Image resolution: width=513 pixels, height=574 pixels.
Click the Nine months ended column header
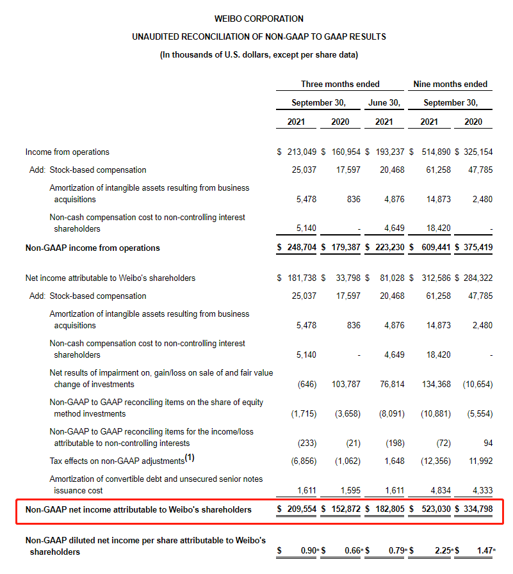[450, 84]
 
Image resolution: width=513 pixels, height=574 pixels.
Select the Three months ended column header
[340, 84]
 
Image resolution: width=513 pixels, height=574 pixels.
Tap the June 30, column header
[384, 102]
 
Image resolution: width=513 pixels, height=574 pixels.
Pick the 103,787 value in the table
[347, 384]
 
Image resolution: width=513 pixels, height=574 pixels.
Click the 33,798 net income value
[347, 278]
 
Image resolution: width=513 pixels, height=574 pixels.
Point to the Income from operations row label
[67, 152]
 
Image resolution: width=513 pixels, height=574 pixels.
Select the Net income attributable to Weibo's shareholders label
[110, 278]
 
